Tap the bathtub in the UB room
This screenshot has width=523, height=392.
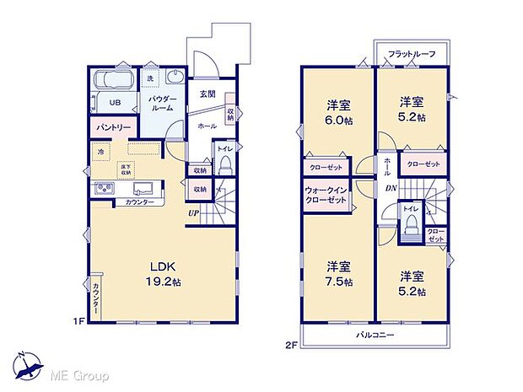click(110, 82)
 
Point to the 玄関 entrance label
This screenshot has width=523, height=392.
click(207, 94)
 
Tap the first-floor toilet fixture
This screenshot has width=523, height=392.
click(225, 165)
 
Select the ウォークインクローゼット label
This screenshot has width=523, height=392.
click(326, 196)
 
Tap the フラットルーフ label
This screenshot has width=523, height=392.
click(412, 54)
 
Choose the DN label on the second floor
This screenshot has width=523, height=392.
click(391, 188)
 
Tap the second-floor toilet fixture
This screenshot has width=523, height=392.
click(411, 223)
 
